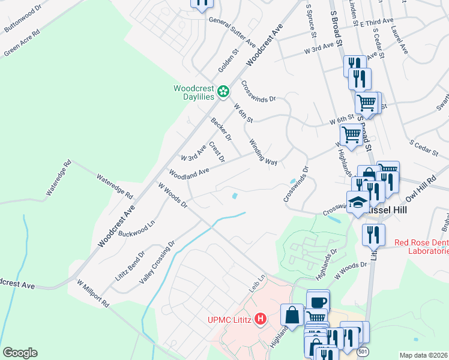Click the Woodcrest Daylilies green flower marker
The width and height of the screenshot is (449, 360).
[x=223, y=92]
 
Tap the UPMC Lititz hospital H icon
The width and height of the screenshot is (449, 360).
[x=260, y=318]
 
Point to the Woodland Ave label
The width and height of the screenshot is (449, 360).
[x=188, y=173]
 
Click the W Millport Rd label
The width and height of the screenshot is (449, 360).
[x=92, y=292]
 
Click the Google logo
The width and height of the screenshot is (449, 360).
[x=20, y=353]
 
